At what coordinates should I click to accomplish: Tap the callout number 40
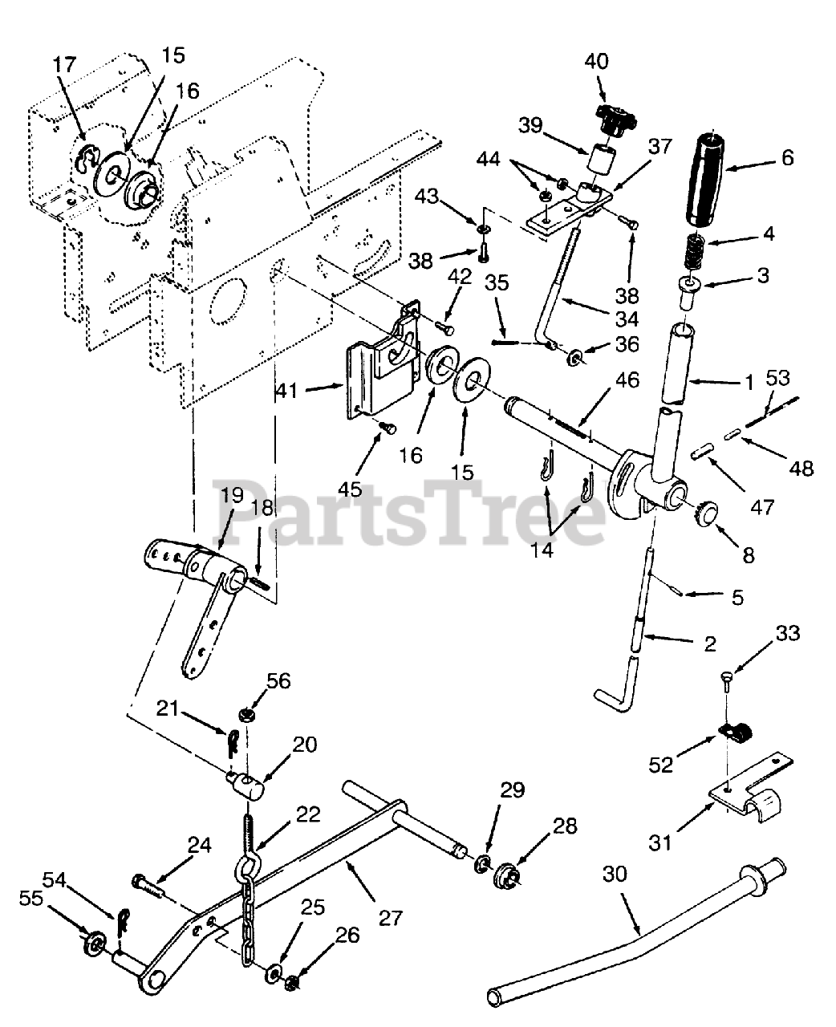[x=596, y=61]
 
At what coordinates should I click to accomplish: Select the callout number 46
[x=628, y=380]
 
